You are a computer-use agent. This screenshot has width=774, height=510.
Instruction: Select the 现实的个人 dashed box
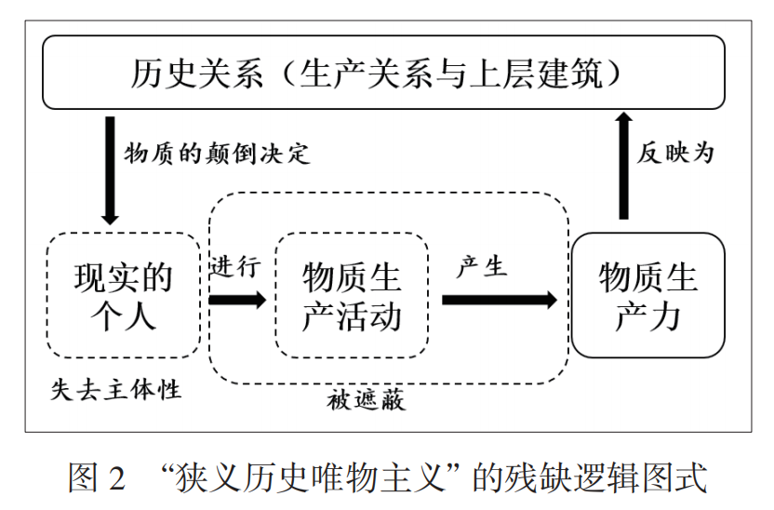(123, 296)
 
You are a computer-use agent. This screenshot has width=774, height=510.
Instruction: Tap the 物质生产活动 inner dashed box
(352, 296)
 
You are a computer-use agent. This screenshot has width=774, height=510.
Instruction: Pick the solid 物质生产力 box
(647, 296)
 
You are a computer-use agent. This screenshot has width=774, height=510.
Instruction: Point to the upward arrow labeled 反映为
(624, 164)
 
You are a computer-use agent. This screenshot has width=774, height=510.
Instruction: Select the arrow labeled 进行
(238, 301)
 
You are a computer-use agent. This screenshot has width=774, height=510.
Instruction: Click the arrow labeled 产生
(499, 301)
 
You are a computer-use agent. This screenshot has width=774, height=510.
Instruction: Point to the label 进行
(235, 266)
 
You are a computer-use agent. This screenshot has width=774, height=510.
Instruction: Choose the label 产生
(481, 266)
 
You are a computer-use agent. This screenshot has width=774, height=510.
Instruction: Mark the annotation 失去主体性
(115, 389)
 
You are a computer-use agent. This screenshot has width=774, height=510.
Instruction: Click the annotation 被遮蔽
(367, 402)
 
